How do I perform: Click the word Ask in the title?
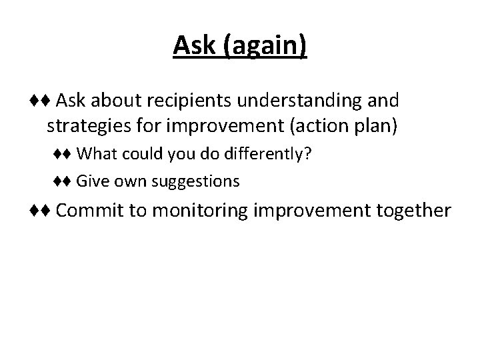194,45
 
